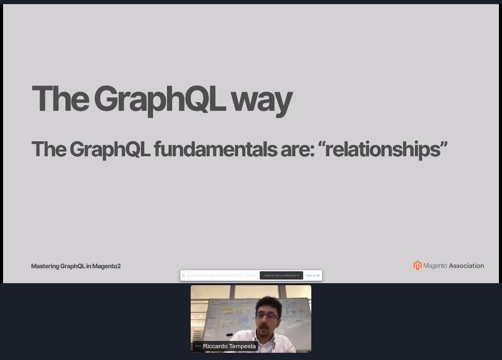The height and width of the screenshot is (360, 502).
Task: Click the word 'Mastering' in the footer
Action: [45, 266]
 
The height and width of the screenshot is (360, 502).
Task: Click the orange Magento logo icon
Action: [417, 266]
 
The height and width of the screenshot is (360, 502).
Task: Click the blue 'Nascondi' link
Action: [312, 275]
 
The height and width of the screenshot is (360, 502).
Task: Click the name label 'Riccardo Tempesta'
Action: [229, 346]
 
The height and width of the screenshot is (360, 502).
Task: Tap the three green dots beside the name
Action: [198, 346]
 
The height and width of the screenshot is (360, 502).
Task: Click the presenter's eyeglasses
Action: [267, 315]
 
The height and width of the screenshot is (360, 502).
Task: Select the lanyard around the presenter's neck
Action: [274, 342]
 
